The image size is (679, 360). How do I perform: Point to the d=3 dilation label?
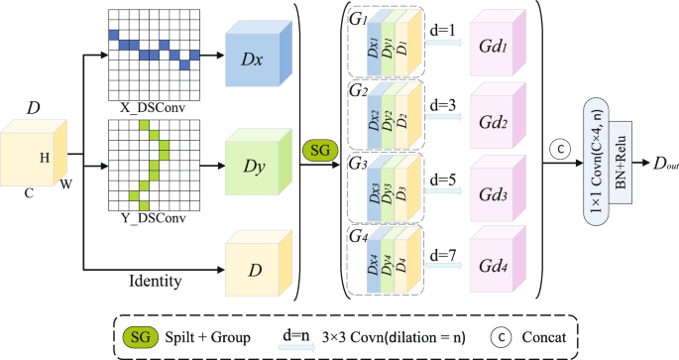pyautogui.click(x=440, y=103)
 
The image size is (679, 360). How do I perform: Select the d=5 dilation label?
pyautogui.click(x=440, y=180)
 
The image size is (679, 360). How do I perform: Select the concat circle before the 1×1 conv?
pyautogui.click(x=560, y=149)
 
